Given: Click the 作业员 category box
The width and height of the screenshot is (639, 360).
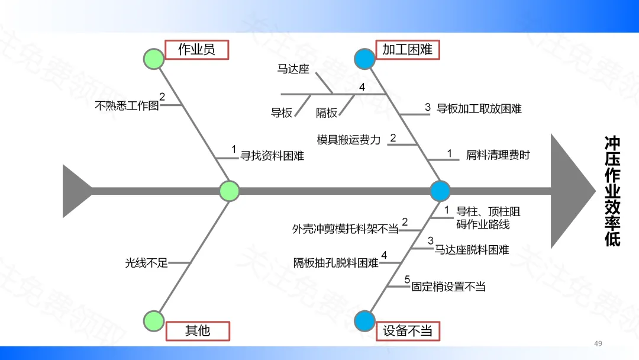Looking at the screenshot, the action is [x=196, y=49].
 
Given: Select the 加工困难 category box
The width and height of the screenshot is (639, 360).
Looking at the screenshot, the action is [x=408, y=49].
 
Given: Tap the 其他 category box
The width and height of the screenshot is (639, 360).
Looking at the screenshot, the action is [x=198, y=330].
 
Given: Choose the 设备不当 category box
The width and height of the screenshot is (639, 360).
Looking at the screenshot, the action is [x=408, y=330].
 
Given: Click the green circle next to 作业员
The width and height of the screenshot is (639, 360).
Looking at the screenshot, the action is [x=154, y=59].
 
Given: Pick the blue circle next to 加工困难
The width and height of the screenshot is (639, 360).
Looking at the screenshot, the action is [x=364, y=59].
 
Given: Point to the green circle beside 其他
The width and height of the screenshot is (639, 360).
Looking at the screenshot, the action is [x=154, y=320].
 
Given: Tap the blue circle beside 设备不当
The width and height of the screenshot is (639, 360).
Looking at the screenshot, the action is [x=364, y=320].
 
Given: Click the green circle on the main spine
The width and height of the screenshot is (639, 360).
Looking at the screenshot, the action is [x=229, y=191].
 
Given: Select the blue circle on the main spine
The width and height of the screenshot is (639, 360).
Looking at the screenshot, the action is [x=440, y=191].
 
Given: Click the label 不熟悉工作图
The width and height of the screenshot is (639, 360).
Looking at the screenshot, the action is [x=127, y=106].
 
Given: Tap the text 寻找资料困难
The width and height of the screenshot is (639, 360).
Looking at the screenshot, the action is [x=272, y=156].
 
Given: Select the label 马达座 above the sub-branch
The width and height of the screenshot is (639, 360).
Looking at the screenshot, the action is [x=293, y=69].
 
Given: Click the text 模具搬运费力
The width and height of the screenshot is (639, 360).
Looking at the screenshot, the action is [x=348, y=140].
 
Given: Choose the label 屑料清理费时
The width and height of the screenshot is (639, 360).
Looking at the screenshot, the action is [x=498, y=156].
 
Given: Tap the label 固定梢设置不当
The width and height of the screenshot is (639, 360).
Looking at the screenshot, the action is [x=448, y=287].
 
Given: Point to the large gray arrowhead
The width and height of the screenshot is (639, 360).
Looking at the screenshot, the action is [x=572, y=191].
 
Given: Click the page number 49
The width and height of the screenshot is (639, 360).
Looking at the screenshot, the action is [x=598, y=343].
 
